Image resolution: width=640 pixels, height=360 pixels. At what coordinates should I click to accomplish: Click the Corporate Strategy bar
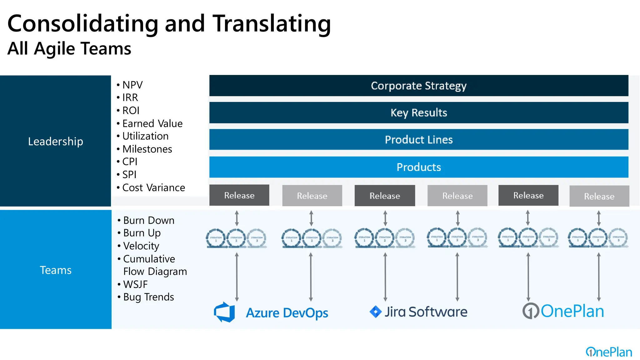coord(418,86)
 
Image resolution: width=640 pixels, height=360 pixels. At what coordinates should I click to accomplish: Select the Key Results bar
coord(418,112)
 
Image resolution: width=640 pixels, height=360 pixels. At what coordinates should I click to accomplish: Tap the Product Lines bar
coord(418,140)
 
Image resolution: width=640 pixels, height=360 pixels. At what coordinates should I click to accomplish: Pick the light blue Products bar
coord(418,167)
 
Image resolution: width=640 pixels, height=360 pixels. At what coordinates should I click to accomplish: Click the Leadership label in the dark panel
coord(56,142)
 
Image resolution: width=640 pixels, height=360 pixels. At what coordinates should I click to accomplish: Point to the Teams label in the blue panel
coord(56,270)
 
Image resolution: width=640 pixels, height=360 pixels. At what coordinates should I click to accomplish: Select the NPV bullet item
coord(132,85)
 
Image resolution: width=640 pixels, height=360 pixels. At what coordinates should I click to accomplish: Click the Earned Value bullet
coord(152,123)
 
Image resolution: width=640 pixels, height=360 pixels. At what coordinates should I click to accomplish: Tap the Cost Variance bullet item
coord(153,187)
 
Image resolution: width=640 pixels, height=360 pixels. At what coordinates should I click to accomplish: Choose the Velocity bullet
coord(141,246)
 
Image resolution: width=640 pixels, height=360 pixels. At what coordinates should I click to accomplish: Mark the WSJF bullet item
coord(135,284)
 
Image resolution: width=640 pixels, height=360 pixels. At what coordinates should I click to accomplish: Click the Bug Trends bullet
coord(148,297)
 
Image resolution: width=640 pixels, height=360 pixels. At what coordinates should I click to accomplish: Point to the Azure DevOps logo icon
coord(225,312)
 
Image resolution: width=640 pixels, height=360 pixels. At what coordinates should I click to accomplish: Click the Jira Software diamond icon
coord(375,312)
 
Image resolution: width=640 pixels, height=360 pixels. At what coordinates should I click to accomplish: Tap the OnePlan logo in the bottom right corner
coord(609,352)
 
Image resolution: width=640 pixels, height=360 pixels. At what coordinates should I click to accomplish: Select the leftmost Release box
coord(239,195)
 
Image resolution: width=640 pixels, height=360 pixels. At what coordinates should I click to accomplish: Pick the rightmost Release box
coord(599,196)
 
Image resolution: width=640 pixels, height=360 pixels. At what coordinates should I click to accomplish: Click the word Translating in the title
coord(272,24)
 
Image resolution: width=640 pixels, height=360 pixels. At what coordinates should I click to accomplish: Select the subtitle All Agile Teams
coord(69,49)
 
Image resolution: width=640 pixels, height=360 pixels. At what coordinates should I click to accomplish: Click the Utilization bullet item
coord(145,136)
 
